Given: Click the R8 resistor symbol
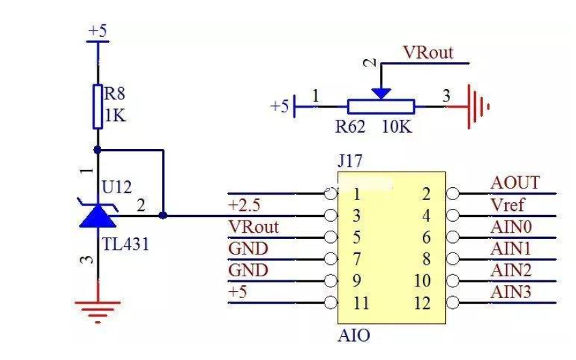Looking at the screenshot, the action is click(97, 107).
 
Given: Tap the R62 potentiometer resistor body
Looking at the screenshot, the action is click(381, 107).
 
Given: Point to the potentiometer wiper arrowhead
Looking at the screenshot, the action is click(381, 93).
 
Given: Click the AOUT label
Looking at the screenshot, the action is click(515, 182).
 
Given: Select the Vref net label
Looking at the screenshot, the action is click(507, 205).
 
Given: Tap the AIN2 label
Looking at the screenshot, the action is click(511, 270).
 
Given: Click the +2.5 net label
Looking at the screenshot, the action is click(244, 205).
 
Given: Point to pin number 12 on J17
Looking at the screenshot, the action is click(421, 303).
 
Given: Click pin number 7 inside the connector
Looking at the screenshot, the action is click(357, 259).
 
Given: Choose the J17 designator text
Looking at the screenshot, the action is click(350, 161).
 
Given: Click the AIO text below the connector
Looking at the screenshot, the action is click(354, 336).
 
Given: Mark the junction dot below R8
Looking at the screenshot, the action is click(97, 150).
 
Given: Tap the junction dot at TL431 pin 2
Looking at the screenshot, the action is click(163, 216).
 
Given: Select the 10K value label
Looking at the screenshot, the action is click(397, 127).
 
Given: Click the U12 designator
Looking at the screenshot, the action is click(116, 187).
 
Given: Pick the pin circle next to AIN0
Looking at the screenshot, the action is click(453, 237).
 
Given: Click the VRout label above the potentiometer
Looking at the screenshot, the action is click(428, 52).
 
